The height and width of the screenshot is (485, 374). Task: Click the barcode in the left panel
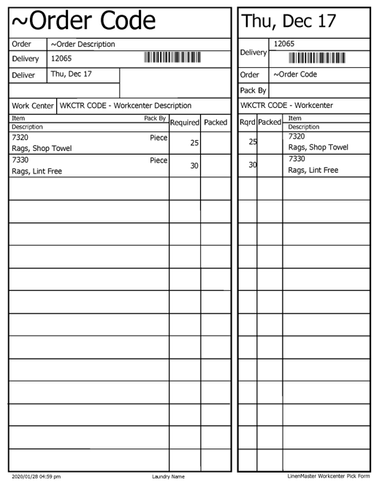pos(172,58)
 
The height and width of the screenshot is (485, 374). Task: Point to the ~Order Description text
pos(83,44)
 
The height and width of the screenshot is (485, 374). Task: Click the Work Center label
pos(33,106)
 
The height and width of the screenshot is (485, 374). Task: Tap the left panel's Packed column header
pos(215,123)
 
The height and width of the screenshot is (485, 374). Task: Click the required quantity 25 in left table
pos(194,143)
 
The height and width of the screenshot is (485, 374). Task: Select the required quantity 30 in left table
pos(194,166)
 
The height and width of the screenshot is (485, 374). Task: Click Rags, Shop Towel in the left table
pos(42,148)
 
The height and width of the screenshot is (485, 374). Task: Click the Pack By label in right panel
pos(252,90)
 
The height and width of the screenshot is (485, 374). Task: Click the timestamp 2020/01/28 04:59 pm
pos(37,476)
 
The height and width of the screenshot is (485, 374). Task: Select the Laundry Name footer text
pos(168,476)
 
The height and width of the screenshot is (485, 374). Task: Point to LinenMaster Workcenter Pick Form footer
pos(329,476)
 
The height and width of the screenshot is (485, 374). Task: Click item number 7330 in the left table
pos(22,159)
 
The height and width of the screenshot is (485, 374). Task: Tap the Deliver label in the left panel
pos(25,74)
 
